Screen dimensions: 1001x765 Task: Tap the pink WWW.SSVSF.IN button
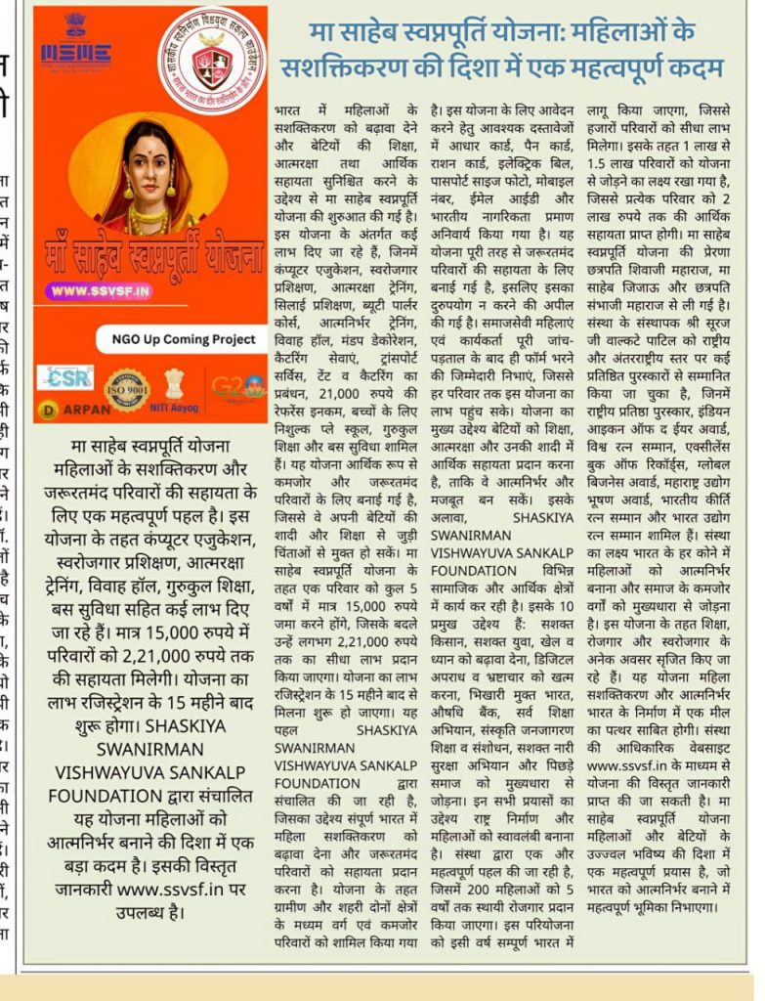pyautogui.click(x=100, y=290)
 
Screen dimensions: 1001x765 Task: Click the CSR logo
pyautogui.click(x=65, y=376)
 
